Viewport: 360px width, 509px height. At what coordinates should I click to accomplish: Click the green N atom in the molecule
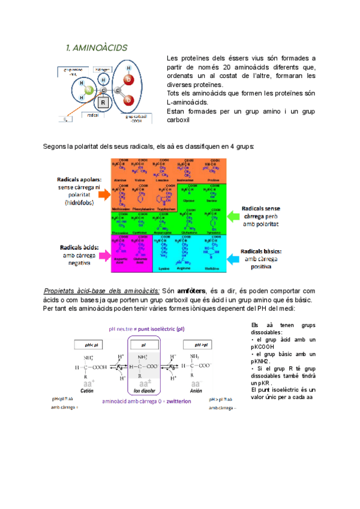tap(88, 90)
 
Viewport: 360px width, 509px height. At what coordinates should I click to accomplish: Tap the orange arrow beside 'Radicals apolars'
tap(103, 194)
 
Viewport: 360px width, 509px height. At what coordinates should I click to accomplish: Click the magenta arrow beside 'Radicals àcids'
tap(103, 255)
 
